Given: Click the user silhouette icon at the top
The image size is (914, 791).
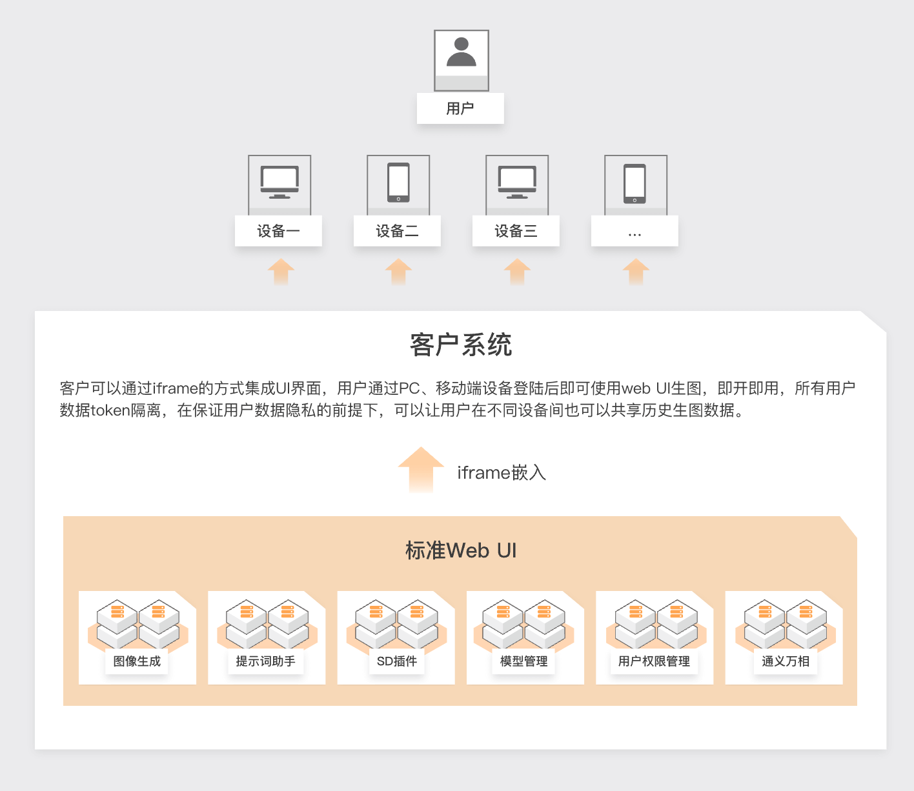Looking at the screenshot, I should click(x=461, y=53).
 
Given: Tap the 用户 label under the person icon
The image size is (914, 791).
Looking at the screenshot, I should click(x=460, y=108).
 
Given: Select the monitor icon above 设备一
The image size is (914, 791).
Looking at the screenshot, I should click(x=279, y=183).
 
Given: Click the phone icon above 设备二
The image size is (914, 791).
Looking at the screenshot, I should click(x=398, y=183).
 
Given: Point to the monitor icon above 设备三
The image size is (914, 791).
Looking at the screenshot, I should click(x=517, y=183).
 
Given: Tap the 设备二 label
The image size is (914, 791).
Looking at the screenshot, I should click(x=397, y=231).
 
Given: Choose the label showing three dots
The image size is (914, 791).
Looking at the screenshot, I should click(x=635, y=231).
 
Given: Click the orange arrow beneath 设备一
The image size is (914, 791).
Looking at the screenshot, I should click(x=281, y=271).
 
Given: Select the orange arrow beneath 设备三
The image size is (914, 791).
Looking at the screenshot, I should click(x=517, y=271).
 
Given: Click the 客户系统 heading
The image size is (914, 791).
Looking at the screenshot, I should click(x=461, y=345).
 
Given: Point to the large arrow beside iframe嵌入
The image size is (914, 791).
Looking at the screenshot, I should click(x=421, y=470).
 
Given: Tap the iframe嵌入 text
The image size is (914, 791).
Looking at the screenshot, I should click(x=502, y=473).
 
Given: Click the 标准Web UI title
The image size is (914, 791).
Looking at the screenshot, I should click(x=461, y=550).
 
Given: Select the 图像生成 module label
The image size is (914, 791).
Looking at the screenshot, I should click(x=137, y=661).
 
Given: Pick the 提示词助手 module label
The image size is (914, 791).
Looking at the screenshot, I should click(x=265, y=661).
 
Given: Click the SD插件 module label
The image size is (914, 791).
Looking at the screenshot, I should click(x=396, y=661).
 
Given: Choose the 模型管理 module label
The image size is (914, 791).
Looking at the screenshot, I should click(x=523, y=661).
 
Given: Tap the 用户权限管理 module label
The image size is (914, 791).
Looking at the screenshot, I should click(x=654, y=661).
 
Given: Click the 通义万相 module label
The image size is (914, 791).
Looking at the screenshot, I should click(x=785, y=661).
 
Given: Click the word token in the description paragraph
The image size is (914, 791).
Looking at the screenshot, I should click(x=110, y=410).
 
